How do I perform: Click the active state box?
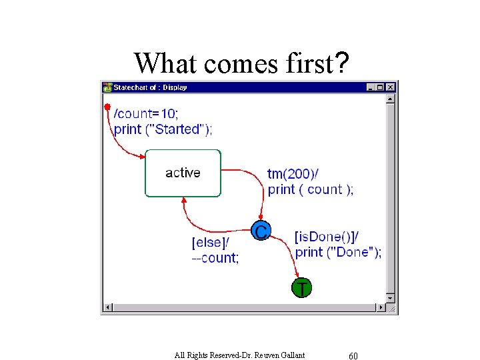[x=183, y=173]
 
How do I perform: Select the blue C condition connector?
[x=261, y=231]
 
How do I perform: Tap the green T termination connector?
[x=301, y=288]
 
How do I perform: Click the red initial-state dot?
[x=107, y=107]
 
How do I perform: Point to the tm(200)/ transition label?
[x=293, y=174]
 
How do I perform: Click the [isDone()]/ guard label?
[x=327, y=237]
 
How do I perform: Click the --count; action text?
[x=215, y=258]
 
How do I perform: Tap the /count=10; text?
[x=146, y=114]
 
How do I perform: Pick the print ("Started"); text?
[x=163, y=129]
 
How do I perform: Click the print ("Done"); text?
[x=338, y=252]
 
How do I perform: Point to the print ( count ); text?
[x=311, y=189]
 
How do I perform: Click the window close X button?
[x=391, y=87]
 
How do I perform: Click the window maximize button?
[x=381, y=87]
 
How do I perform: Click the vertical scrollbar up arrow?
[x=391, y=99]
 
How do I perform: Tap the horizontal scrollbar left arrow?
[x=107, y=308]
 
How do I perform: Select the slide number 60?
[x=353, y=355]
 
